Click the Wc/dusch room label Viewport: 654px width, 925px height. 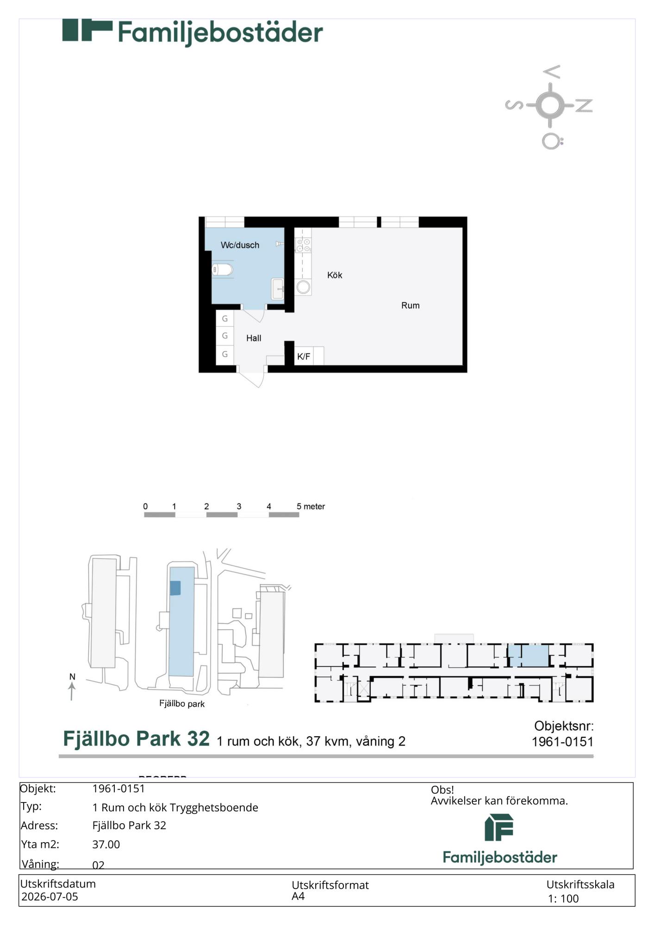240,245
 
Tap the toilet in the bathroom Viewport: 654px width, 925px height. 222,269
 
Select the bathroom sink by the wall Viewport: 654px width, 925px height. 278,289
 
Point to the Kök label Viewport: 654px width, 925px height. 335,275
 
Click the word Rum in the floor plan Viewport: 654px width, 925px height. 411,305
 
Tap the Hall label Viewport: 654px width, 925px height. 254,338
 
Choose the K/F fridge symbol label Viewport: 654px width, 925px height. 304,357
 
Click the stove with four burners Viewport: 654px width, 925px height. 303,245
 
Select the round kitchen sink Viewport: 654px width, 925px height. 303,287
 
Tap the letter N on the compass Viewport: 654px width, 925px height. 584,105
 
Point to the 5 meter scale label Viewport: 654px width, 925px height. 311,506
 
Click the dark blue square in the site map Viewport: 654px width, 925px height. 175,588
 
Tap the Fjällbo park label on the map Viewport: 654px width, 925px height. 182,703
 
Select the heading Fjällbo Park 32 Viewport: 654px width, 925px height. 136,739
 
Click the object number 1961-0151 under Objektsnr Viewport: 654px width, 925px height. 562,742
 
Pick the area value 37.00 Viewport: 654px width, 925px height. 106,845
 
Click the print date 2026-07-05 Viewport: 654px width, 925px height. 50,897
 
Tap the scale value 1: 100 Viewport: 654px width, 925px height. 563,899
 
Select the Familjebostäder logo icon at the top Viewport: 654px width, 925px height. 87,31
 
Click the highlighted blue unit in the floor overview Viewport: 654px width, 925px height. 528,655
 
